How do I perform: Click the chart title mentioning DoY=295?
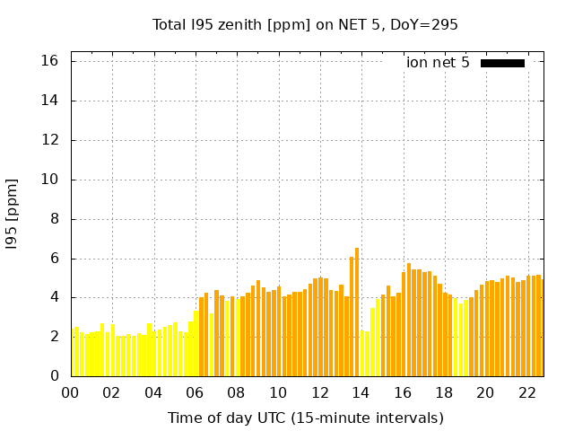click(305, 24)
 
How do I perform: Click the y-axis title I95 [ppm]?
click(13, 215)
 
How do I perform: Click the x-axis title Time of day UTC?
click(305, 418)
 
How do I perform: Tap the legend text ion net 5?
click(438, 62)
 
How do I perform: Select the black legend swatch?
click(502, 63)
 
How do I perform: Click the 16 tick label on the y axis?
click(50, 61)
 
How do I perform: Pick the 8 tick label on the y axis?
click(54, 219)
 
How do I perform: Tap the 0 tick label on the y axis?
click(54, 376)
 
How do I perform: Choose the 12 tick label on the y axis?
click(50, 140)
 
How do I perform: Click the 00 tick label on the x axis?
click(70, 393)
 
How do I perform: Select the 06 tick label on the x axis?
click(195, 393)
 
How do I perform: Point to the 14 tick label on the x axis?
click(361, 393)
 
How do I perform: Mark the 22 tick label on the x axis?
click(526, 393)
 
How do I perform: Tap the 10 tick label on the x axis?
click(278, 393)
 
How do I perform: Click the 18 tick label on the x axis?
click(444, 393)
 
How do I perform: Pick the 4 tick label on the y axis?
click(54, 297)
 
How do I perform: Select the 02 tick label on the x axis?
click(112, 393)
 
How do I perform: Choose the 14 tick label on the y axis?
click(50, 101)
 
